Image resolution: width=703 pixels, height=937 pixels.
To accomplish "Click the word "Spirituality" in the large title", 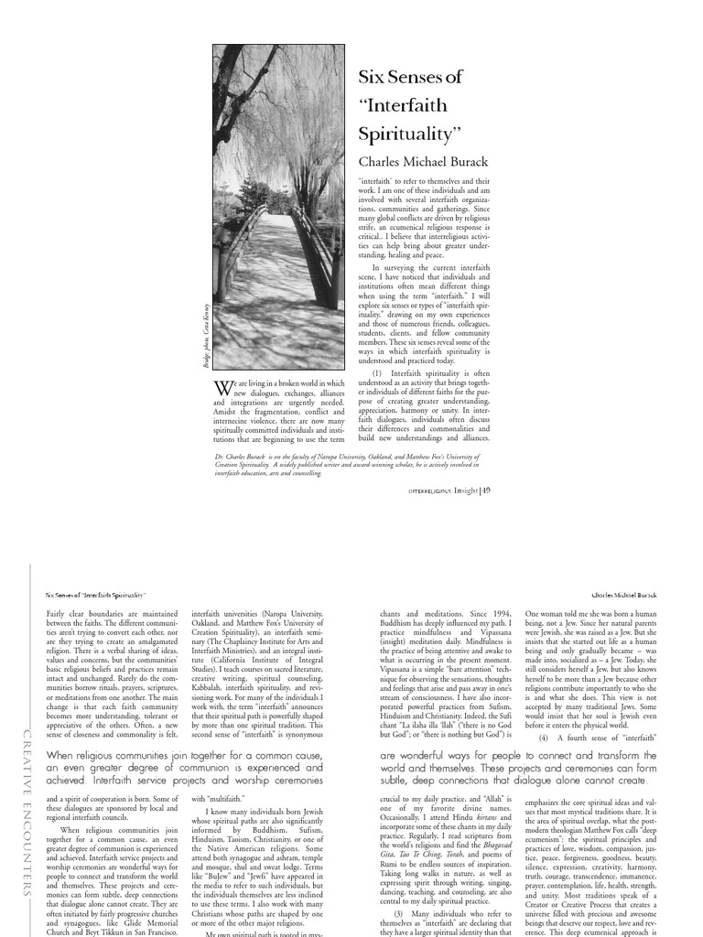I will [406, 133].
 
